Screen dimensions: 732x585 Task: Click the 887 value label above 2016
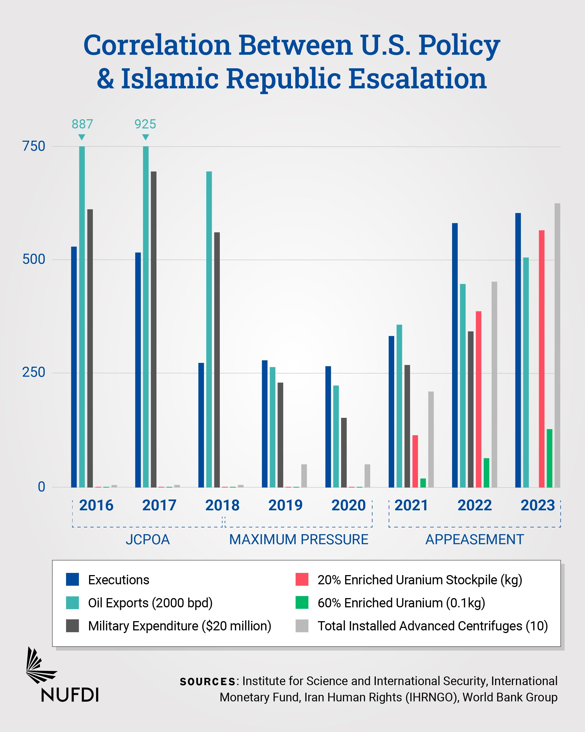(x=82, y=124)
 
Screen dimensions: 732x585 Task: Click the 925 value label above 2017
(x=145, y=124)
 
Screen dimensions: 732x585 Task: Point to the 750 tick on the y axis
(x=34, y=146)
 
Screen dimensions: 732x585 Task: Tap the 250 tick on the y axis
(x=34, y=372)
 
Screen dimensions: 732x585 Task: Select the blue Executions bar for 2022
(x=455, y=355)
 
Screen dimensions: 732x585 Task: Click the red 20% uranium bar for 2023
(x=542, y=359)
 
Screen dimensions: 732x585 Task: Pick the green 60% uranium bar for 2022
(x=486, y=473)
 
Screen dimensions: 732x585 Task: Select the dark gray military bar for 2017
(x=153, y=329)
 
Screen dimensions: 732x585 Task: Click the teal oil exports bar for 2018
(x=209, y=329)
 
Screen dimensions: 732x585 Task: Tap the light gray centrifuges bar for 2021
(x=431, y=439)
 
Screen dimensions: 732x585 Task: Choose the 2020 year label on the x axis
(x=348, y=505)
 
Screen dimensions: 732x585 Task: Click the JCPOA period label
(x=148, y=540)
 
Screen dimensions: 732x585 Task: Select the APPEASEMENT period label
(x=475, y=540)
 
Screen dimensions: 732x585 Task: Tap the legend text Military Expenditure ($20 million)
(x=179, y=626)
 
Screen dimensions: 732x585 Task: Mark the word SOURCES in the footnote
(x=208, y=681)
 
